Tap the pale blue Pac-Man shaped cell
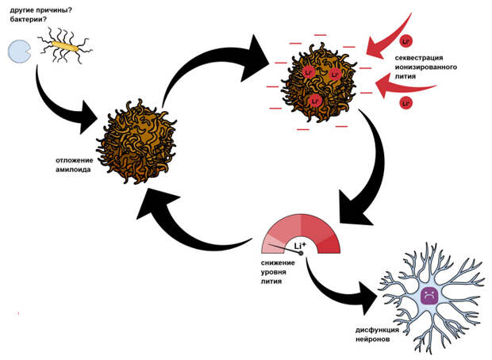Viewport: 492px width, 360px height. (18, 52)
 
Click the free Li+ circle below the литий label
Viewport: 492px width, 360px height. (406, 103)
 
